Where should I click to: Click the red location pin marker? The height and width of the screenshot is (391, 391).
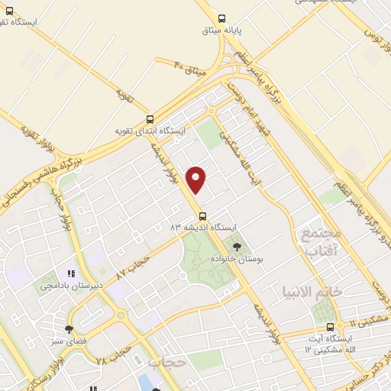(x=197, y=179)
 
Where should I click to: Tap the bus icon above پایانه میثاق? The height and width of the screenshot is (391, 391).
(x=221, y=18)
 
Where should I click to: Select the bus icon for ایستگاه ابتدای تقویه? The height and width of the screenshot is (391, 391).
(x=150, y=119)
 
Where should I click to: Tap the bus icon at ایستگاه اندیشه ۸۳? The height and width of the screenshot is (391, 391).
(x=202, y=215)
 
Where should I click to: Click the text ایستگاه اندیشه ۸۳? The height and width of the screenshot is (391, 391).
(x=206, y=228)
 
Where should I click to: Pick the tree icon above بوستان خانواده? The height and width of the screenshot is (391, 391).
(x=236, y=247)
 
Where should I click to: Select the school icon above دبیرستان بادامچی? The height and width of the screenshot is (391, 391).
(x=71, y=273)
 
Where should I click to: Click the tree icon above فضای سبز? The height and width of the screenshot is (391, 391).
(x=69, y=328)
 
